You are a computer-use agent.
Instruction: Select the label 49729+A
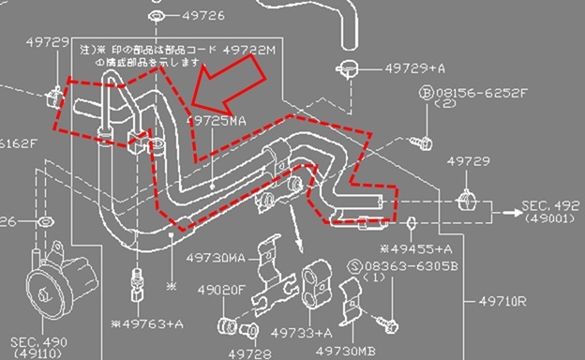point(415,68)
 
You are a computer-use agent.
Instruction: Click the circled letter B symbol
point(426,93)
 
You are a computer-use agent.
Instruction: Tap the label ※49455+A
point(419,248)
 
